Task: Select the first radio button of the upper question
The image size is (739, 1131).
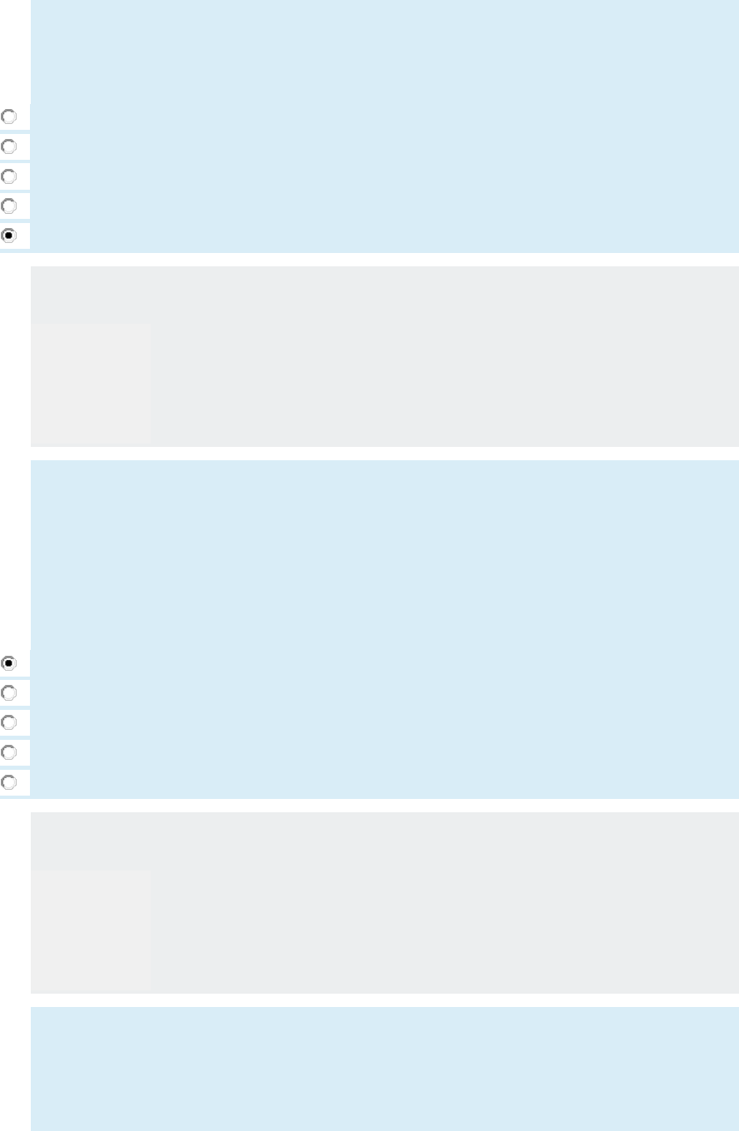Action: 8,117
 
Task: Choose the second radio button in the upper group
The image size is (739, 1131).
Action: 8,146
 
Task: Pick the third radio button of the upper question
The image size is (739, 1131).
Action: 8,176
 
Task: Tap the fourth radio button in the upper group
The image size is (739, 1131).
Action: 8,206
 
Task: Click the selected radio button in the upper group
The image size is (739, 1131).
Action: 8,236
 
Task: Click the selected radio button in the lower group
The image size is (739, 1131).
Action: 8,663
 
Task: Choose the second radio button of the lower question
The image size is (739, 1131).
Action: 8,692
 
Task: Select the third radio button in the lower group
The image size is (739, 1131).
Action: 8,722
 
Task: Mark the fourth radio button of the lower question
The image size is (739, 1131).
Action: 8,752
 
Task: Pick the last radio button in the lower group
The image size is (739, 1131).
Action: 8,782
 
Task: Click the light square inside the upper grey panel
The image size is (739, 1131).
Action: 91,383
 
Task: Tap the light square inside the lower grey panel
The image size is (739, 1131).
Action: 91,930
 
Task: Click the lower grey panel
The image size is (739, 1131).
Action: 441,903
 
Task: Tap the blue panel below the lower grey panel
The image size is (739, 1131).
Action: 383,1069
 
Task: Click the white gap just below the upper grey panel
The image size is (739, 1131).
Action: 383,454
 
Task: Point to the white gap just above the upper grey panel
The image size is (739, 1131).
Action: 383,260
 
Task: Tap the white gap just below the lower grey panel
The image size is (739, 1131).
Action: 383,1000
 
